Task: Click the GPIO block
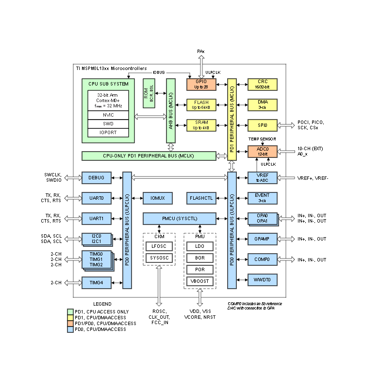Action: click(x=201, y=84)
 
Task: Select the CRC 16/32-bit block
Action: click(x=262, y=84)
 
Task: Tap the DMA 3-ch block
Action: click(x=262, y=104)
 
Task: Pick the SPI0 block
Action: click(x=262, y=125)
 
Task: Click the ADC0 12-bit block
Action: click(x=262, y=151)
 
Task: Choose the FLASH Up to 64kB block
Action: click(x=201, y=104)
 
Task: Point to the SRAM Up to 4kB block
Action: click(x=201, y=125)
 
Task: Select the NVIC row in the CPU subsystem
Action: click(x=108, y=115)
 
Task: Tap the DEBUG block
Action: click(x=96, y=178)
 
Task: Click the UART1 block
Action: click(x=96, y=218)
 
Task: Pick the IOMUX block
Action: click(x=158, y=198)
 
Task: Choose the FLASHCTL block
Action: click(x=201, y=198)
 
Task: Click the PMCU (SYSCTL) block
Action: click(x=180, y=218)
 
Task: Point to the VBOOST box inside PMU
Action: click(x=199, y=281)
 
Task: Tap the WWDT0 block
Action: click(x=262, y=280)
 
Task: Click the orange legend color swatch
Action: click(x=70, y=323)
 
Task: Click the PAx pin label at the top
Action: click(x=201, y=51)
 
